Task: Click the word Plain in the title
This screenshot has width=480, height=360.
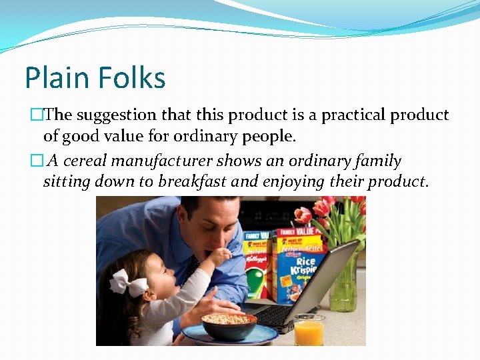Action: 56,78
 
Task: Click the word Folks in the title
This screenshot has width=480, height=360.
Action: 131,78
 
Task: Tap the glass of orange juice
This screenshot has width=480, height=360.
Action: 309,329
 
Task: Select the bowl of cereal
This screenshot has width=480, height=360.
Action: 229,325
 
